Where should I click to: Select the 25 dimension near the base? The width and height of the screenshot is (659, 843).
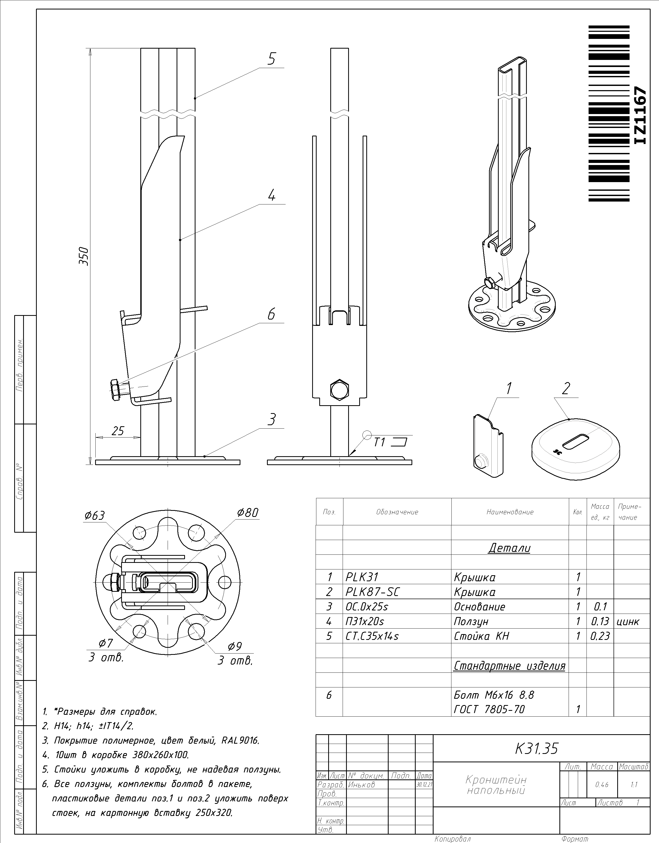117,430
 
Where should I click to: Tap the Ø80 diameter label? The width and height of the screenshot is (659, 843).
248,513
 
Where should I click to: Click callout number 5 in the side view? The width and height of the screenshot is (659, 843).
272,59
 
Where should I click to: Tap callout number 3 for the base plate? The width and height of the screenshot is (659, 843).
272,420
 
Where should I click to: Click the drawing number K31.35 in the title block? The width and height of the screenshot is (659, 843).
537,749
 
